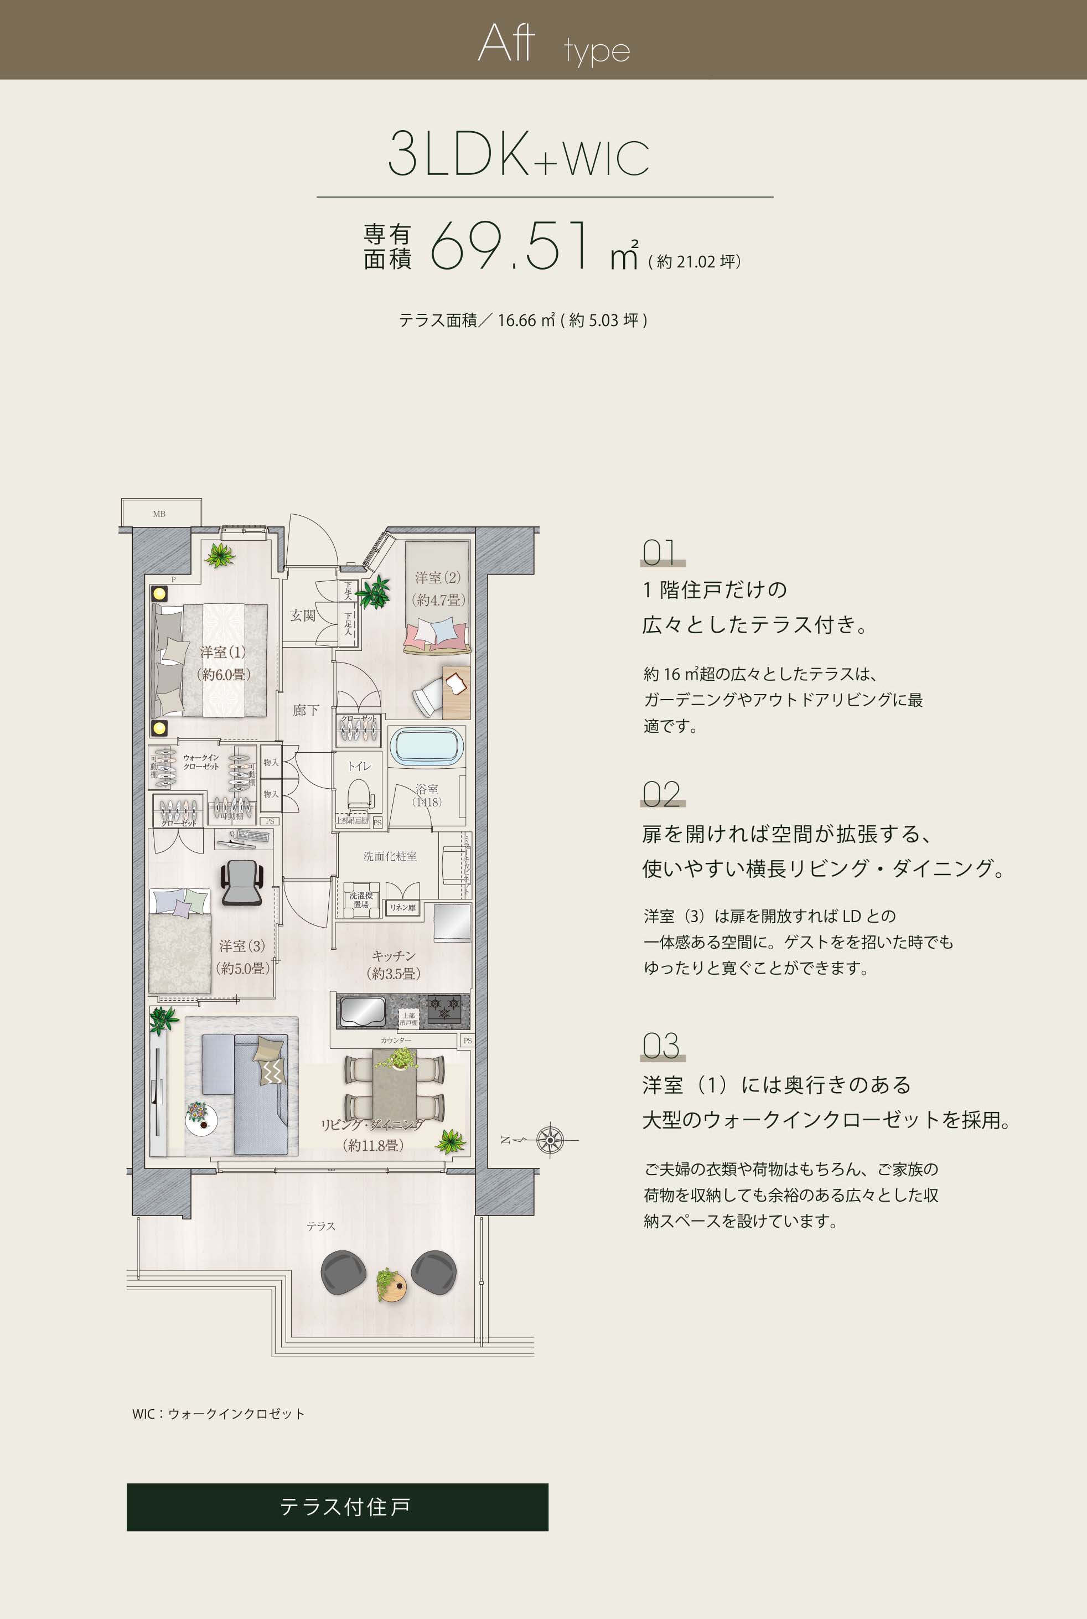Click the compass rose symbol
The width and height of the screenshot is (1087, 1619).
550,1140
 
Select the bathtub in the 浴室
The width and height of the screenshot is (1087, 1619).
426,747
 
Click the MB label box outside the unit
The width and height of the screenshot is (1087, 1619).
160,514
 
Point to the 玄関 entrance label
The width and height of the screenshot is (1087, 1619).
303,615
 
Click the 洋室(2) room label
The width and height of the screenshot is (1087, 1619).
437,577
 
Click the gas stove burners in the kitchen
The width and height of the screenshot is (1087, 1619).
444,1007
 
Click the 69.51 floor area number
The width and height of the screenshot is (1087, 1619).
510,247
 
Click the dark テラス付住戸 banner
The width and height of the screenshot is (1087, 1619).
337,1507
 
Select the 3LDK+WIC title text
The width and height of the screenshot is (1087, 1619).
518,154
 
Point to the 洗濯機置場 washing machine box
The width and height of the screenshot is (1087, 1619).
360,900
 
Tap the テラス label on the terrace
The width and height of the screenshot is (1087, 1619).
321,1227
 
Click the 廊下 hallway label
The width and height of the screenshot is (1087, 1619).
306,710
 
